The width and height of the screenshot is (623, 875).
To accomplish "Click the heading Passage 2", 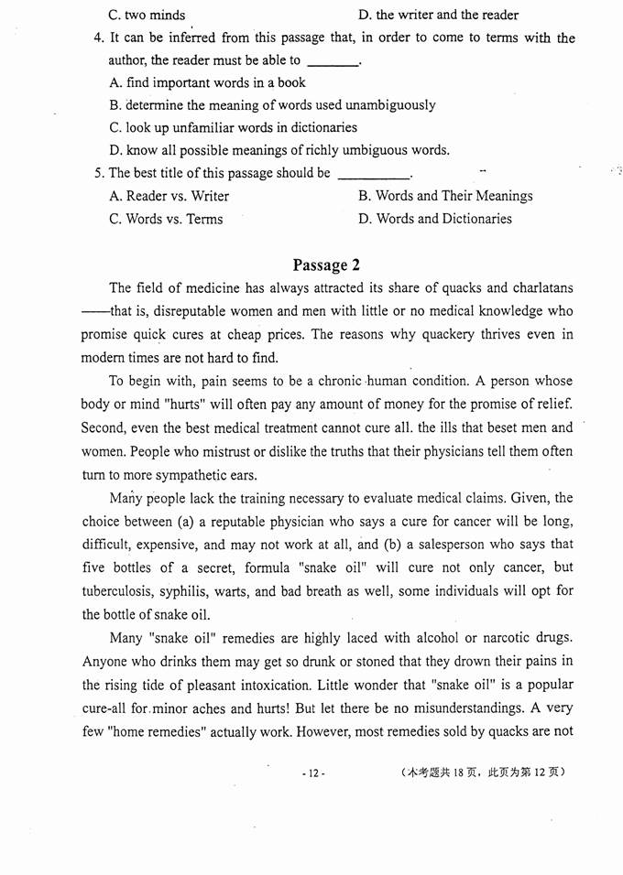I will [x=320, y=265].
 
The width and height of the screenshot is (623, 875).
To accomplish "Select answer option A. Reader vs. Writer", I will [x=169, y=196].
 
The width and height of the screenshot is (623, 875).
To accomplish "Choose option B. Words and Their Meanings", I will [x=445, y=196].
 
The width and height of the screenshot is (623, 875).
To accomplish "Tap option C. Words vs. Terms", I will [x=166, y=220].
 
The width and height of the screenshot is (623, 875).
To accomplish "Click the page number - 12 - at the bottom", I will [x=313, y=773].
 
